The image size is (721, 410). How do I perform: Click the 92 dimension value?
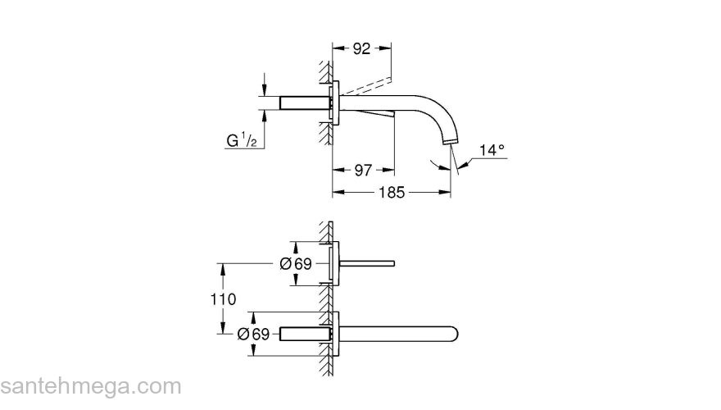pos(362,48)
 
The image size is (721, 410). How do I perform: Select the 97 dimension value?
pos(363,170)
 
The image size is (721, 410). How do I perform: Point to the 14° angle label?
pos(492,150)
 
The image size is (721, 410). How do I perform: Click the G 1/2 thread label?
pos(243,140)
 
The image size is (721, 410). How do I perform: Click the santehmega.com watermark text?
pos(90,386)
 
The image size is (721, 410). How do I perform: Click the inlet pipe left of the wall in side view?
pos(305,103)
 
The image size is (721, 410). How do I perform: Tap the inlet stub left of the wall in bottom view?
pos(305,334)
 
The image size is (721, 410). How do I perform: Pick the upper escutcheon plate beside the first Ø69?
pos(333,264)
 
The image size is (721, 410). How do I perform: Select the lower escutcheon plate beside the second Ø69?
pos(333,334)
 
